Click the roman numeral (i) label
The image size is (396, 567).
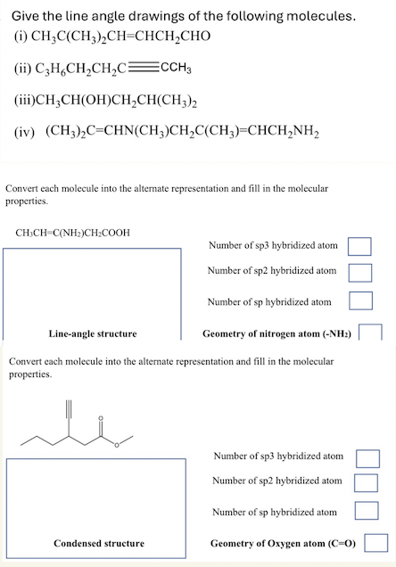point(19,38)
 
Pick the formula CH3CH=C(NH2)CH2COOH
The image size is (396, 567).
point(73,233)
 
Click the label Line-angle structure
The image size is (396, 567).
point(93,333)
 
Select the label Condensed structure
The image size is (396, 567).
point(99,543)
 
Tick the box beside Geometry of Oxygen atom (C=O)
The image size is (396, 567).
point(375,542)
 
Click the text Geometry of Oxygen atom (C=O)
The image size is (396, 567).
point(283,543)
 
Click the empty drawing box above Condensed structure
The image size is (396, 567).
point(96,496)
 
